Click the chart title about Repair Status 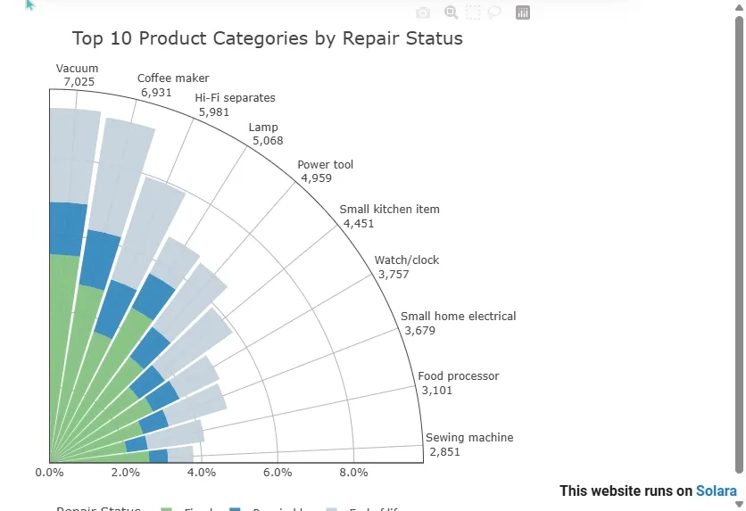coord(268,39)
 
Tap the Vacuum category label coord(78,69)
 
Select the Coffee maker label coord(173,78)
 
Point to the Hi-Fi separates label coord(236,98)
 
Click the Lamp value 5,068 coord(268,141)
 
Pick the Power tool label coord(326,165)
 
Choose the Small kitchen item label coord(390,210)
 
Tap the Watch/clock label coord(407,260)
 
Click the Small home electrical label coord(459,317)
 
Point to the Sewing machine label coord(469,438)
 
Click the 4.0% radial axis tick coord(202,473)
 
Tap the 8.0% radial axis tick coord(354,473)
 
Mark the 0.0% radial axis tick coord(49,473)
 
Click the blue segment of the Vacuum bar coord(66,229)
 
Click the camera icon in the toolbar coord(424,12)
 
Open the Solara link coord(717,491)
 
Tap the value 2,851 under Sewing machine coord(444,452)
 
